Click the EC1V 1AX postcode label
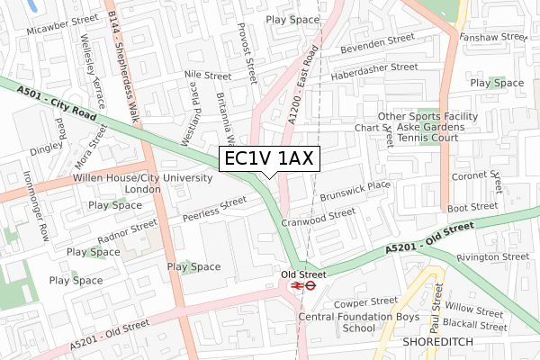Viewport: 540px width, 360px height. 266,159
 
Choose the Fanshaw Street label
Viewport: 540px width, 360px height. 492,37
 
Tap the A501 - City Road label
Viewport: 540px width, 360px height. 57,103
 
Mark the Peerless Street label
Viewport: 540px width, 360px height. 213,209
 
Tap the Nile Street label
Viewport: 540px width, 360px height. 207,76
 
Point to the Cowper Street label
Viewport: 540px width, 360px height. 366,301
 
